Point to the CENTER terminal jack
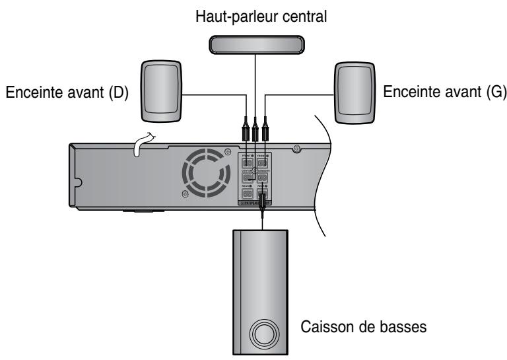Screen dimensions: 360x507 click(x=247, y=178)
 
